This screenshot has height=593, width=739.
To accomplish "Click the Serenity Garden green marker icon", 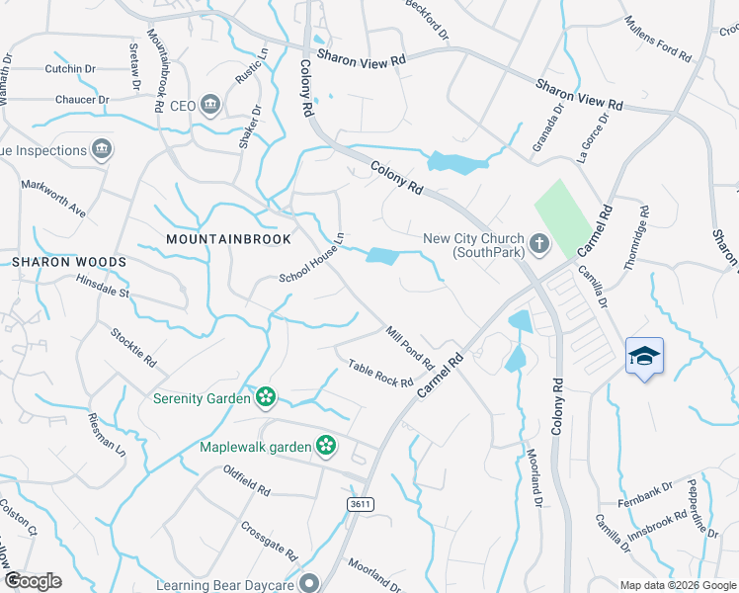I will [265, 397].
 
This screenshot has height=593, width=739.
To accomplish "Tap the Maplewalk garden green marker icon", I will [325, 447].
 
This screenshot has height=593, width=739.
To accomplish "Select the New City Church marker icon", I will [539, 242].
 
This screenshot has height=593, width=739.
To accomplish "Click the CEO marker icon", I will [209, 105].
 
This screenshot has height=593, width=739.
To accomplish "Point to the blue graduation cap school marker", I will [644, 357].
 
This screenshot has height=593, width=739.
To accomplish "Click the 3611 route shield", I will [361, 504].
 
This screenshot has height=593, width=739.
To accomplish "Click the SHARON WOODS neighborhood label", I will [69, 262].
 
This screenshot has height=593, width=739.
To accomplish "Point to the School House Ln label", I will [311, 257].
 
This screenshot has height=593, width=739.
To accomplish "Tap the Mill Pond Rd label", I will [410, 348].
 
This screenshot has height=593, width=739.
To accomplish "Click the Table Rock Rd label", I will [380, 374].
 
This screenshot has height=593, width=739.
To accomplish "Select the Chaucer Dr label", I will [83, 99].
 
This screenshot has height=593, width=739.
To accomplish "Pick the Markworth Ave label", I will [53, 198].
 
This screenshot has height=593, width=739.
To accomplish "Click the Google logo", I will [33, 581].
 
